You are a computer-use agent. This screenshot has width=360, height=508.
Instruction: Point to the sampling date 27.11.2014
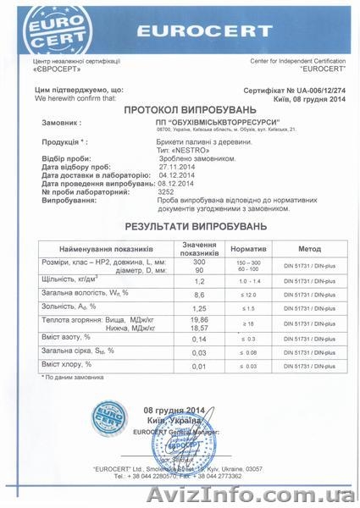click(x=140, y=168)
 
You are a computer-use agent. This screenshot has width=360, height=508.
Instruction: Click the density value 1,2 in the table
click(x=201, y=280)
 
